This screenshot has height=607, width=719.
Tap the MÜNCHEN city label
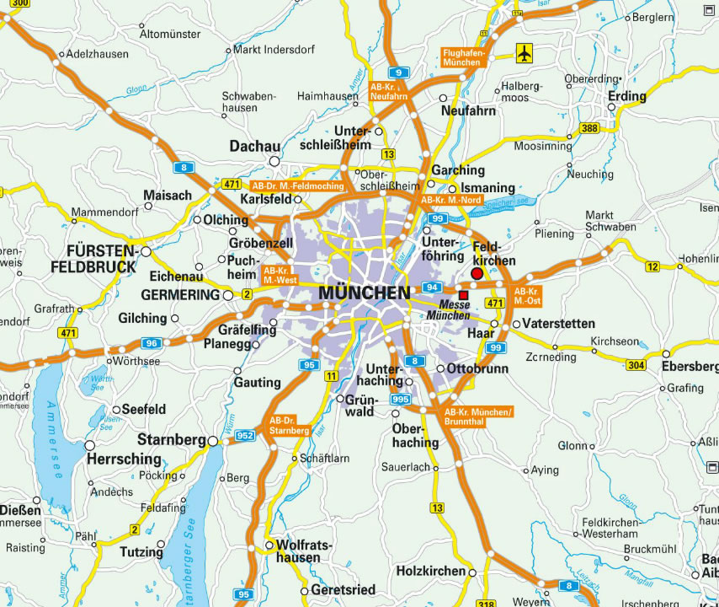click(x=365, y=293)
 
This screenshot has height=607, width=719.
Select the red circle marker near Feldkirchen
click(x=477, y=274)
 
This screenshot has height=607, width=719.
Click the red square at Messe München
click(x=463, y=294)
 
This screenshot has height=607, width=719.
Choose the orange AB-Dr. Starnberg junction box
click(x=289, y=426)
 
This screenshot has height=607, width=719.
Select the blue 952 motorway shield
click(x=245, y=436)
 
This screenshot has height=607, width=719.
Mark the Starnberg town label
click(x=172, y=440)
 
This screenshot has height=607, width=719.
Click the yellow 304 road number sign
click(x=636, y=364)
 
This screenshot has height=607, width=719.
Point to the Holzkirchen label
click(x=431, y=571)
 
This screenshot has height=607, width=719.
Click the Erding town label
click(x=627, y=96)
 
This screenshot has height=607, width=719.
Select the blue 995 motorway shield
click(x=401, y=399)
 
